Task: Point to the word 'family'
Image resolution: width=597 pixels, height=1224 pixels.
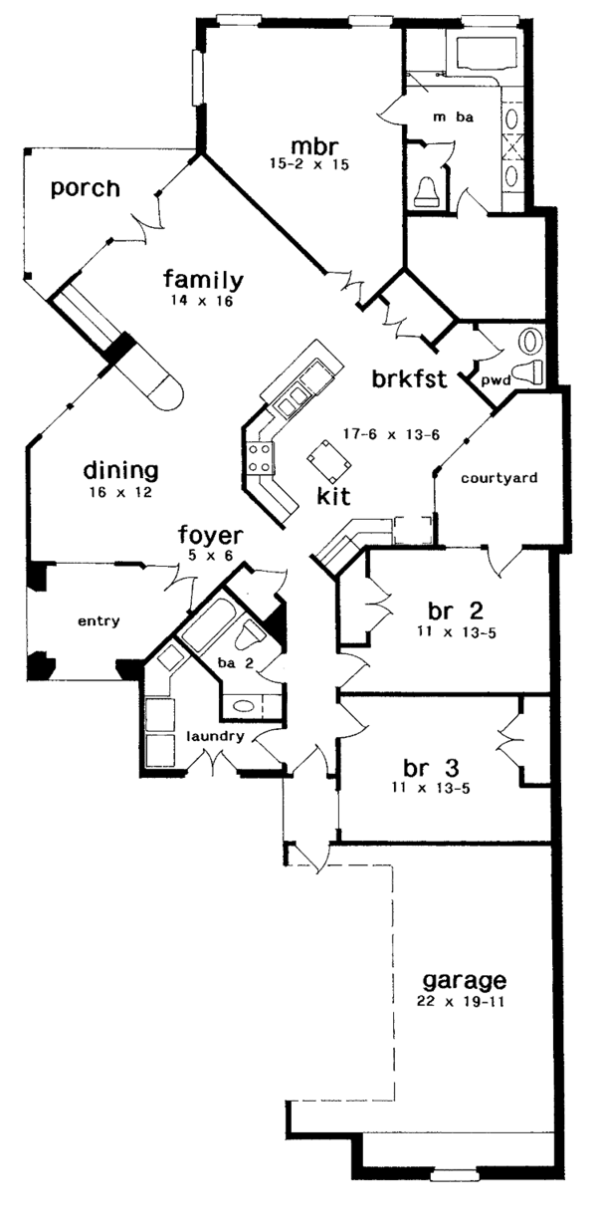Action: pos(204,280)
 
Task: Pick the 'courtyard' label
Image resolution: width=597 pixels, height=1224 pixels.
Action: pos(499,478)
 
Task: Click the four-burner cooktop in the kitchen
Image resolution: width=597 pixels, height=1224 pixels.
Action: pos(261,461)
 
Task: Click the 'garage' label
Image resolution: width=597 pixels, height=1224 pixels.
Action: pos(464,979)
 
